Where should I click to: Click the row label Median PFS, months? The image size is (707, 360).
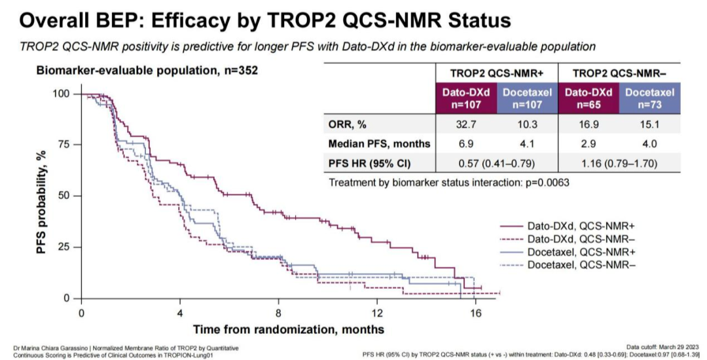click(380, 143)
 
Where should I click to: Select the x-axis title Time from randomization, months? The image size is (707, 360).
click(288, 329)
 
